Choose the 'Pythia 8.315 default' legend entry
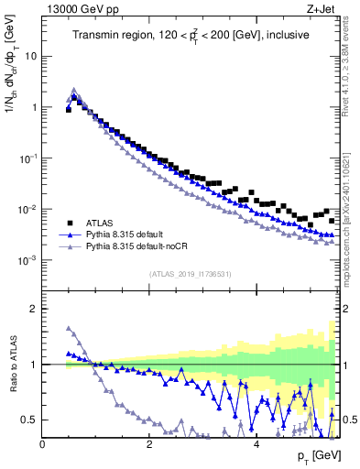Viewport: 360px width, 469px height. pyautogui.click(x=132, y=234)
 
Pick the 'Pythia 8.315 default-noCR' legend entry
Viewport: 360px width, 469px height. pyautogui.click(x=143, y=247)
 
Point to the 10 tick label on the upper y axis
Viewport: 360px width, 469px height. pyautogui.click(x=31, y=55)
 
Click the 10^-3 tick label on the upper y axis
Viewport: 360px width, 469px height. pyautogui.click(x=27, y=260)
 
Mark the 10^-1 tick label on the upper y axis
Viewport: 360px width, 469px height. pyautogui.click(x=27, y=158)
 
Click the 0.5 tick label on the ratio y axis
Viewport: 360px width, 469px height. pyautogui.click(x=30, y=420)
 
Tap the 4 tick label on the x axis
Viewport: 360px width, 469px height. pyautogui.click(x=256, y=444)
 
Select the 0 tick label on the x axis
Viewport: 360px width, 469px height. pyautogui.click(x=42, y=444)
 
